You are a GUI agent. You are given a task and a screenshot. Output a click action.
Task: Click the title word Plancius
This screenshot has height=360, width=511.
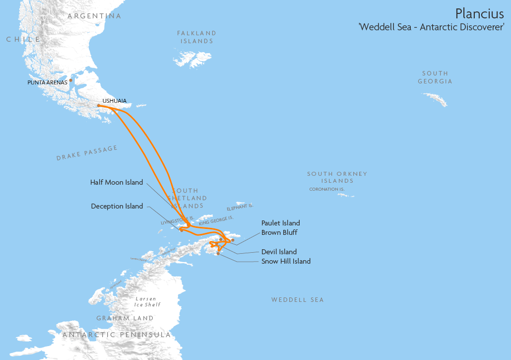(x=479, y=14)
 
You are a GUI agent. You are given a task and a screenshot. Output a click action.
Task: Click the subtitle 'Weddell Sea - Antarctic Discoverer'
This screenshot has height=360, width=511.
(x=431, y=27)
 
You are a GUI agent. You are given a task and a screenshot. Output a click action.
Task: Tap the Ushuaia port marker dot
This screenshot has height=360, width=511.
(x=99, y=105)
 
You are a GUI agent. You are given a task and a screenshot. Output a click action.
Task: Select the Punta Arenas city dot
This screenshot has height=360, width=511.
(x=70, y=80)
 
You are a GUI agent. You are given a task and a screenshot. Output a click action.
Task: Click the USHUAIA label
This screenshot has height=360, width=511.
(x=114, y=101)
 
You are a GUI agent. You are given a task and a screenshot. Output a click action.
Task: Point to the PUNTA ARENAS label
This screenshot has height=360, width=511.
(x=47, y=82)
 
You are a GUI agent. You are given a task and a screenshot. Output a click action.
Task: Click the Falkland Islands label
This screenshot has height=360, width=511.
(x=197, y=37)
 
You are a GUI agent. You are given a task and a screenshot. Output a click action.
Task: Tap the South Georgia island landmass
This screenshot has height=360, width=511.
(x=435, y=99)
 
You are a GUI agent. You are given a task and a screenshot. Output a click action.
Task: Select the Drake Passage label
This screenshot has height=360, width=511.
(x=87, y=153)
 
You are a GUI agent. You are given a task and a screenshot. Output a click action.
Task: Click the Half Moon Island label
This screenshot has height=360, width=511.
(x=117, y=182)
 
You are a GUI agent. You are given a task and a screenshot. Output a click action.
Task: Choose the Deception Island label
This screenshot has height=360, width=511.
(x=117, y=206)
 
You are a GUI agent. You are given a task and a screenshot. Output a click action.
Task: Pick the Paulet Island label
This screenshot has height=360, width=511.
(x=281, y=223)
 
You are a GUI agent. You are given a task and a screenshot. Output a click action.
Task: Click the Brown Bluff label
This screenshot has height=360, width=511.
(x=279, y=232)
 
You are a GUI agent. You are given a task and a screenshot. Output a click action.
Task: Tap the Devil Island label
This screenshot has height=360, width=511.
(x=279, y=252)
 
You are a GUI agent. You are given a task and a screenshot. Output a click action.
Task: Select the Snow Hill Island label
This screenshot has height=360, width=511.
(x=286, y=261)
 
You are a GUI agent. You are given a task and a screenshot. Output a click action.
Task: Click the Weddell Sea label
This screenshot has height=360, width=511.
(x=297, y=300)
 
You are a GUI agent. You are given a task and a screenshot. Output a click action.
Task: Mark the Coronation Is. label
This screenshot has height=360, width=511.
(x=327, y=189)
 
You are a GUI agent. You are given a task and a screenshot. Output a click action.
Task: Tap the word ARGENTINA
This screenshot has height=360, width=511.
(x=94, y=16)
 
